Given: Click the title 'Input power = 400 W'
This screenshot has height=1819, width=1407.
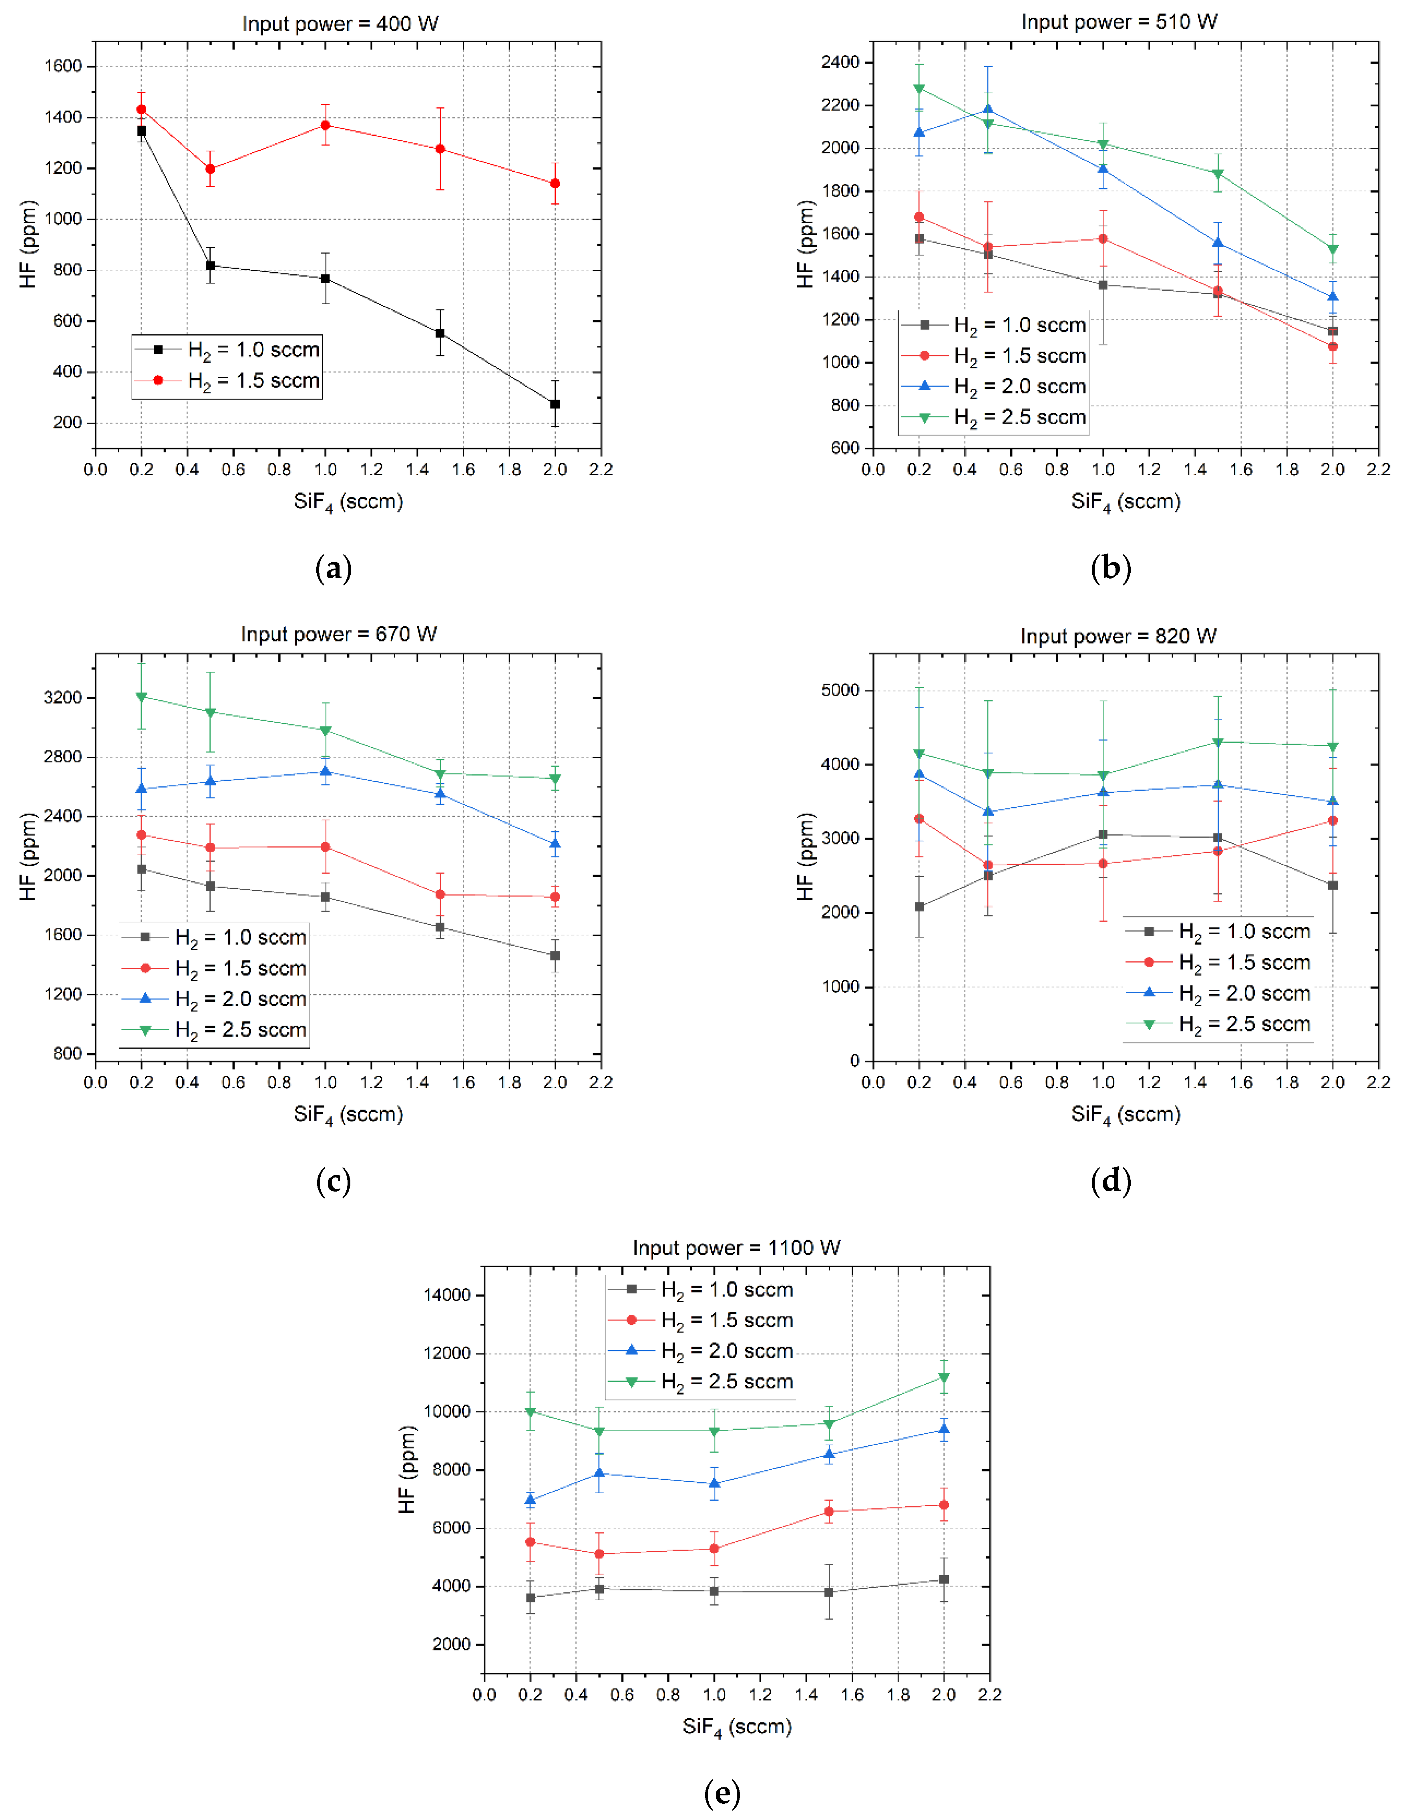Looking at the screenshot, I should [x=340, y=23].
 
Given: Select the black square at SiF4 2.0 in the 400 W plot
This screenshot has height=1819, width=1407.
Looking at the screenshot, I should [x=555, y=404].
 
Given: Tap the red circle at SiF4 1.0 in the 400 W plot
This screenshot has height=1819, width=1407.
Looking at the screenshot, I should [x=325, y=125].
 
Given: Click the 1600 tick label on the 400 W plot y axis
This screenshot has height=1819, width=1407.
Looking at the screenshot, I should [x=63, y=66].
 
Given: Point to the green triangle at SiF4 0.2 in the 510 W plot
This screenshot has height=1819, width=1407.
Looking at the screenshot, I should [x=919, y=88].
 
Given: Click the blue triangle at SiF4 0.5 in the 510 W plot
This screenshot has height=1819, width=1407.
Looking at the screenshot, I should [x=988, y=109].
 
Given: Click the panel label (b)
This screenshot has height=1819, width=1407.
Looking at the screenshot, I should [x=1110, y=568].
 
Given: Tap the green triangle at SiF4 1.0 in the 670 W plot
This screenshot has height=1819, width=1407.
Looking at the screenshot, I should [x=325, y=730].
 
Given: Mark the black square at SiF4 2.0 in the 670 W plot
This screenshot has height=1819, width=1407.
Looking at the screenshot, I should [x=555, y=955].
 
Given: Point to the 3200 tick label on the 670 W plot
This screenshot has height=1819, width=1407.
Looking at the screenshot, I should [x=63, y=697].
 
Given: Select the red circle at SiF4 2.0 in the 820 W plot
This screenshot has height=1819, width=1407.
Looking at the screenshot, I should [x=1333, y=820].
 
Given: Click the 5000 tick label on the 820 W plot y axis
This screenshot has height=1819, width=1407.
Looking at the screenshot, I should [x=841, y=690].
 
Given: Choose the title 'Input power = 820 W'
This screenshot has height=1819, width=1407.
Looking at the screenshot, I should [x=1118, y=636].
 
